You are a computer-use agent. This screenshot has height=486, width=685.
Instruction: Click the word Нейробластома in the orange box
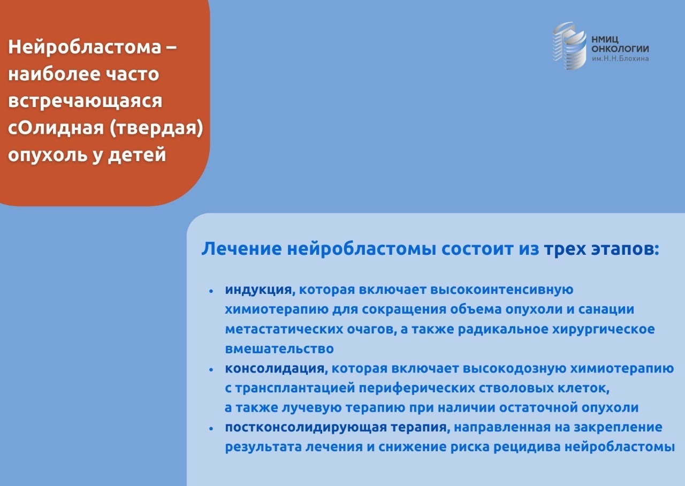click(x=85, y=47)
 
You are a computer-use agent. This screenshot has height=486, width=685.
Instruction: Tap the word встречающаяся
click(x=85, y=101)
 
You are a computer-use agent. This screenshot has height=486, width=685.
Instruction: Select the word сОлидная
click(x=56, y=128)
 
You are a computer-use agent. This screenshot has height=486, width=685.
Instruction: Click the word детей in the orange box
click(x=138, y=155)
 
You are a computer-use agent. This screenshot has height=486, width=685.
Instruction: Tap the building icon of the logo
click(x=569, y=46)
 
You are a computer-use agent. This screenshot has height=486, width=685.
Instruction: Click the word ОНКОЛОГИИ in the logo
click(x=620, y=49)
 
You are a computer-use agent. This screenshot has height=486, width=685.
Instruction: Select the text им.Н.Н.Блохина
click(x=620, y=58)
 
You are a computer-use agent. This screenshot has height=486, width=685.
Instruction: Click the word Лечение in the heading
click(x=241, y=249)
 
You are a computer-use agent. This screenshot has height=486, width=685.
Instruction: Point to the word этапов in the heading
click(x=625, y=249)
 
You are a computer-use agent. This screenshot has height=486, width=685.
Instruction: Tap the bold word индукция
click(x=258, y=290)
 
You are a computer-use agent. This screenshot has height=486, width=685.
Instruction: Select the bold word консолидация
click(x=275, y=369)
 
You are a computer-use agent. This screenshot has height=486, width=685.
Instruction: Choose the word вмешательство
click(x=279, y=348)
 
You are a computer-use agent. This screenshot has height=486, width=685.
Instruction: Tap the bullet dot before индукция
click(x=211, y=291)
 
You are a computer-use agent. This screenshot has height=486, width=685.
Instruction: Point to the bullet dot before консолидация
click(x=211, y=370)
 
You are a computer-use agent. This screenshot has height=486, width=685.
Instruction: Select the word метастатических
click(x=284, y=329)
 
